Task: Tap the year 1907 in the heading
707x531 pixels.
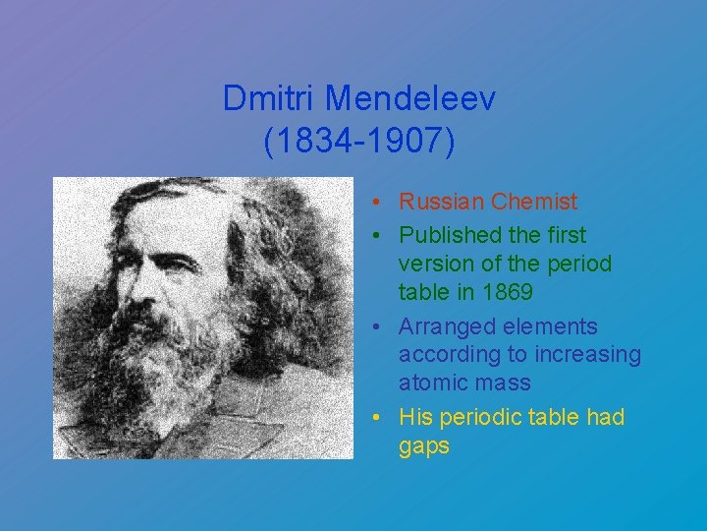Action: coord(406,141)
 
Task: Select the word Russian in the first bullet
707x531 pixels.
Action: coord(441,203)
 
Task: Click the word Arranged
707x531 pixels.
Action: coord(444,326)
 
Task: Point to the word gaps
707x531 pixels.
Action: coord(424,446)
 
